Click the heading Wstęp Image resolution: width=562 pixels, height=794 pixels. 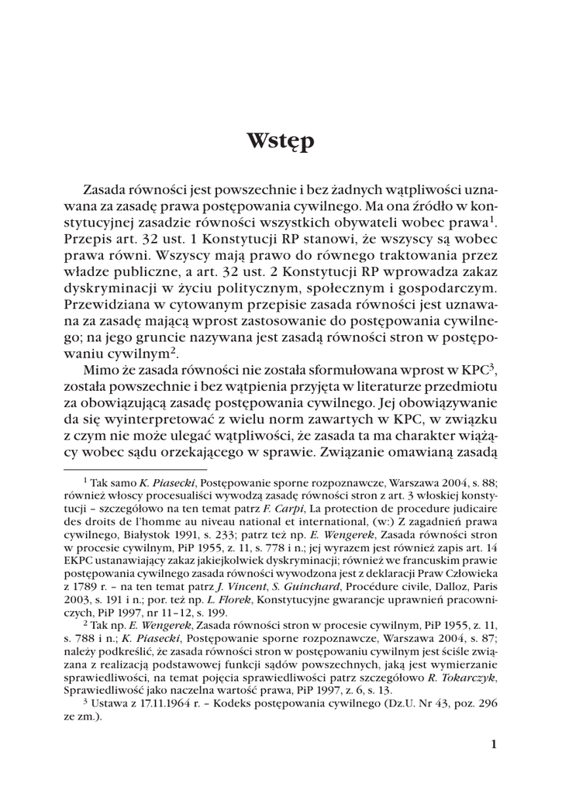[x=281, y=143]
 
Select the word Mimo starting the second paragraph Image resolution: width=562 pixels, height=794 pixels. [x=100, y=370]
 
